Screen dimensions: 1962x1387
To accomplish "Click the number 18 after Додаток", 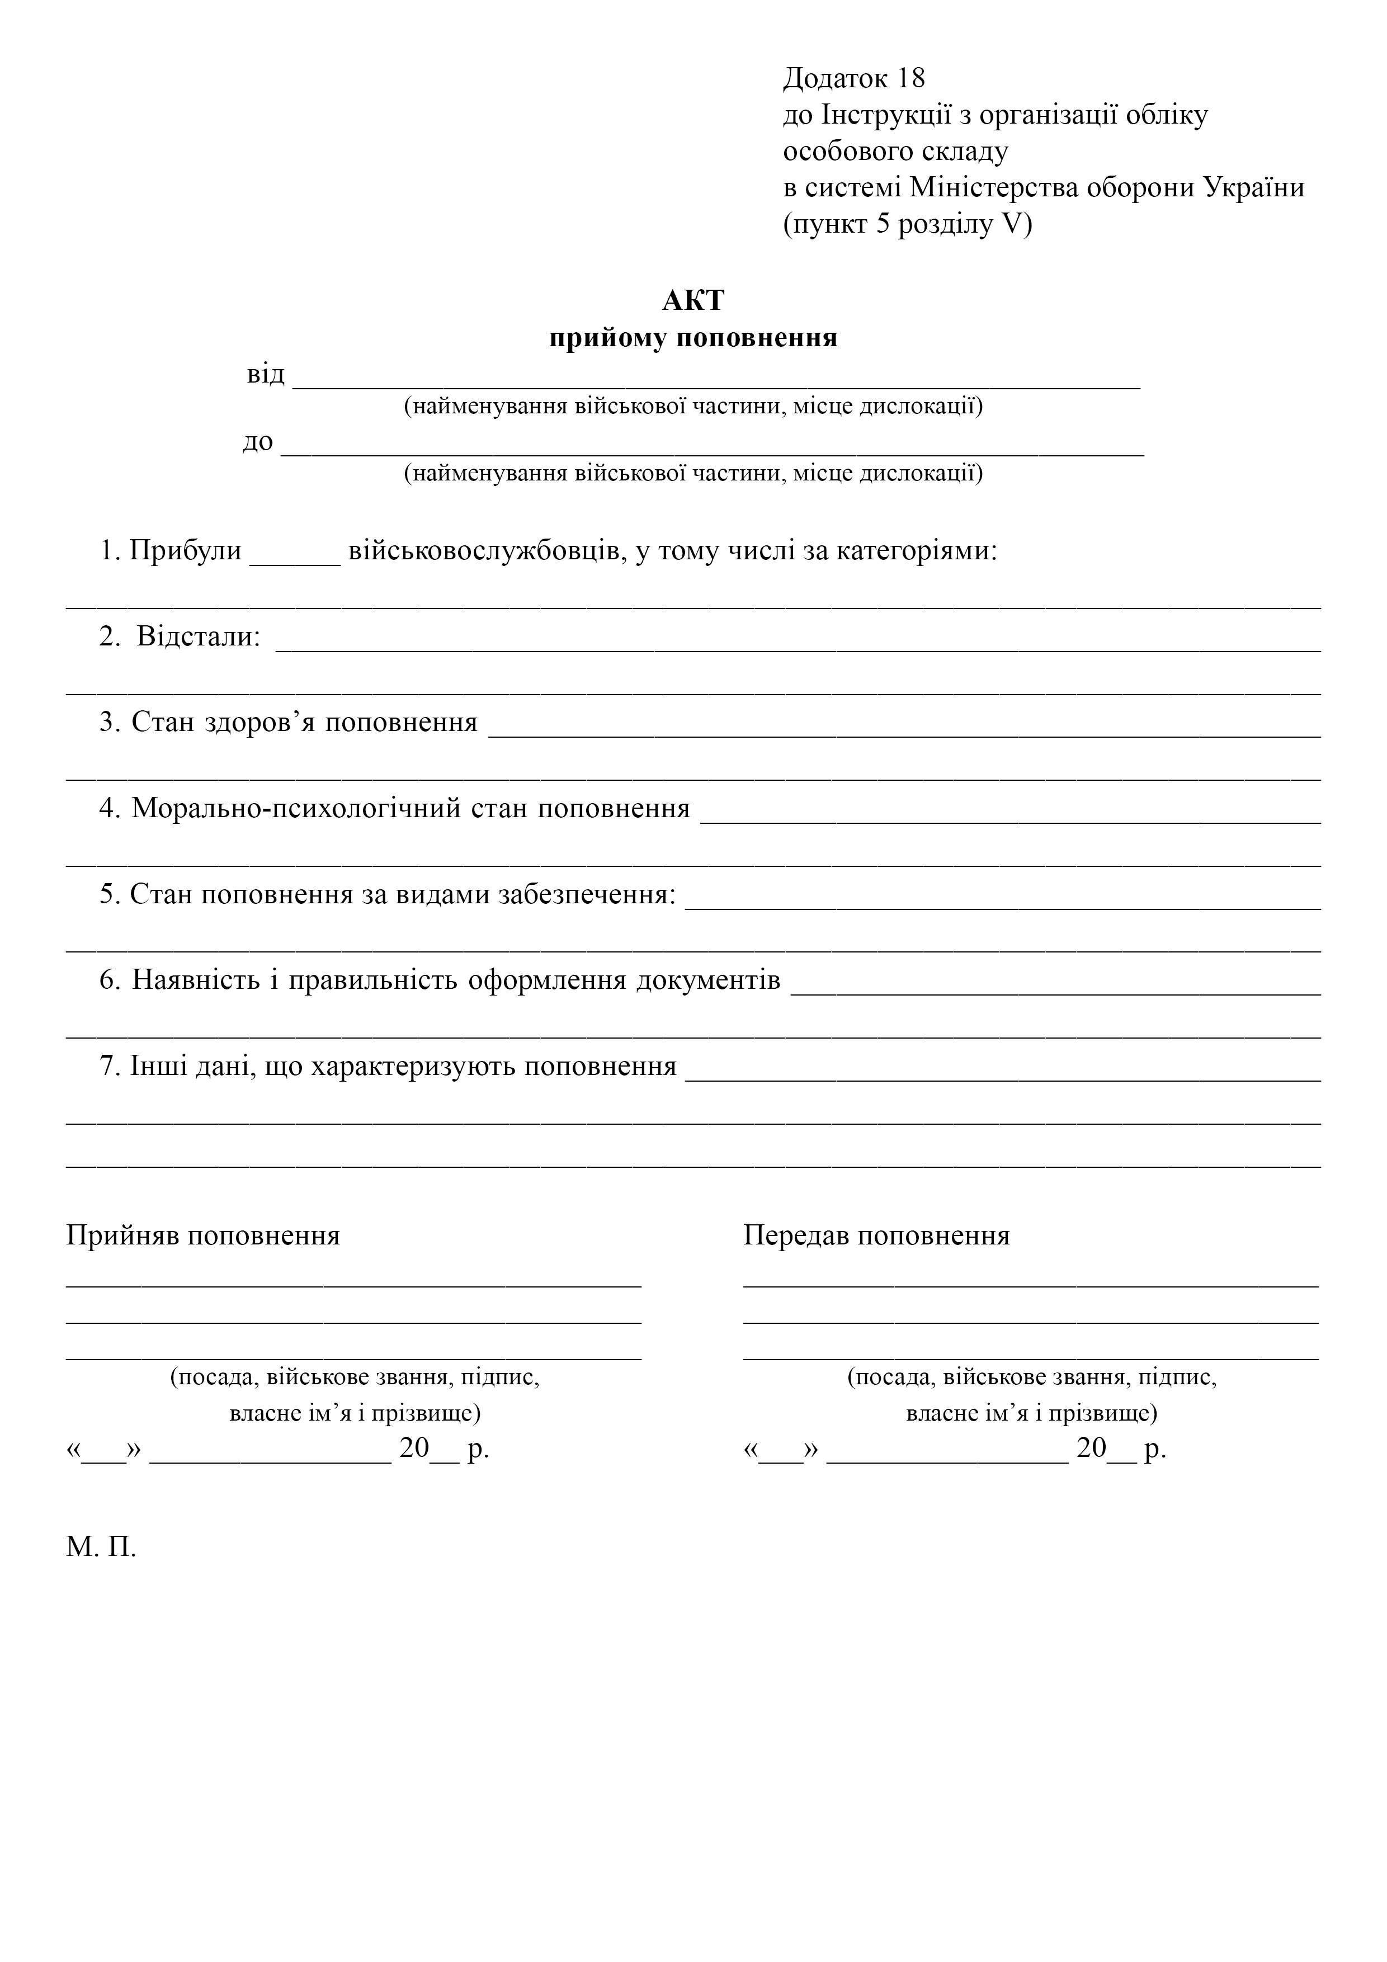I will [x=911, y=79].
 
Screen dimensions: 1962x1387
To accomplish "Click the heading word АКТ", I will [x=693, y=301].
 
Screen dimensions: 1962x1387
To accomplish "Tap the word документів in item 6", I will [x=709, y=979].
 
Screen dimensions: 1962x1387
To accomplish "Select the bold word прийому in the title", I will [x=608, y=338].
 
